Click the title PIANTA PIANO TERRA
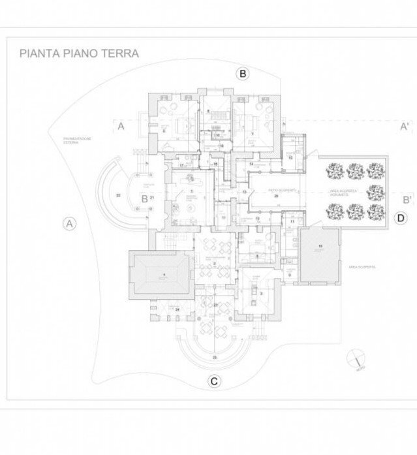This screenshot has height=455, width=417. tap(78, 53)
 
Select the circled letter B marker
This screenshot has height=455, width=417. tap(243, 74)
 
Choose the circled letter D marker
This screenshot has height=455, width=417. tap(401, 218)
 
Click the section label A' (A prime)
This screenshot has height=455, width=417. tap(405, 127)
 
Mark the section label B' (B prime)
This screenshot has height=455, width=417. tap(405, 200)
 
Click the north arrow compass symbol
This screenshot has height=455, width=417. tap(356, 358)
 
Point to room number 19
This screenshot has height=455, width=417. tap(320, 245)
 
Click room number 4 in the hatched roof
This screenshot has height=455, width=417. tap(164, 274)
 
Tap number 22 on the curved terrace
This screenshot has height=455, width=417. tap(118, 195)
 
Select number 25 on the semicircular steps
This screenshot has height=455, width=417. tap(214, 358)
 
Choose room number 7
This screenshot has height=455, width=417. tap(253, 133)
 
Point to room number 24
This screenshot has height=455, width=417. tap(177, 309)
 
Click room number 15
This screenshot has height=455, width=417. tap(290, 157)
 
